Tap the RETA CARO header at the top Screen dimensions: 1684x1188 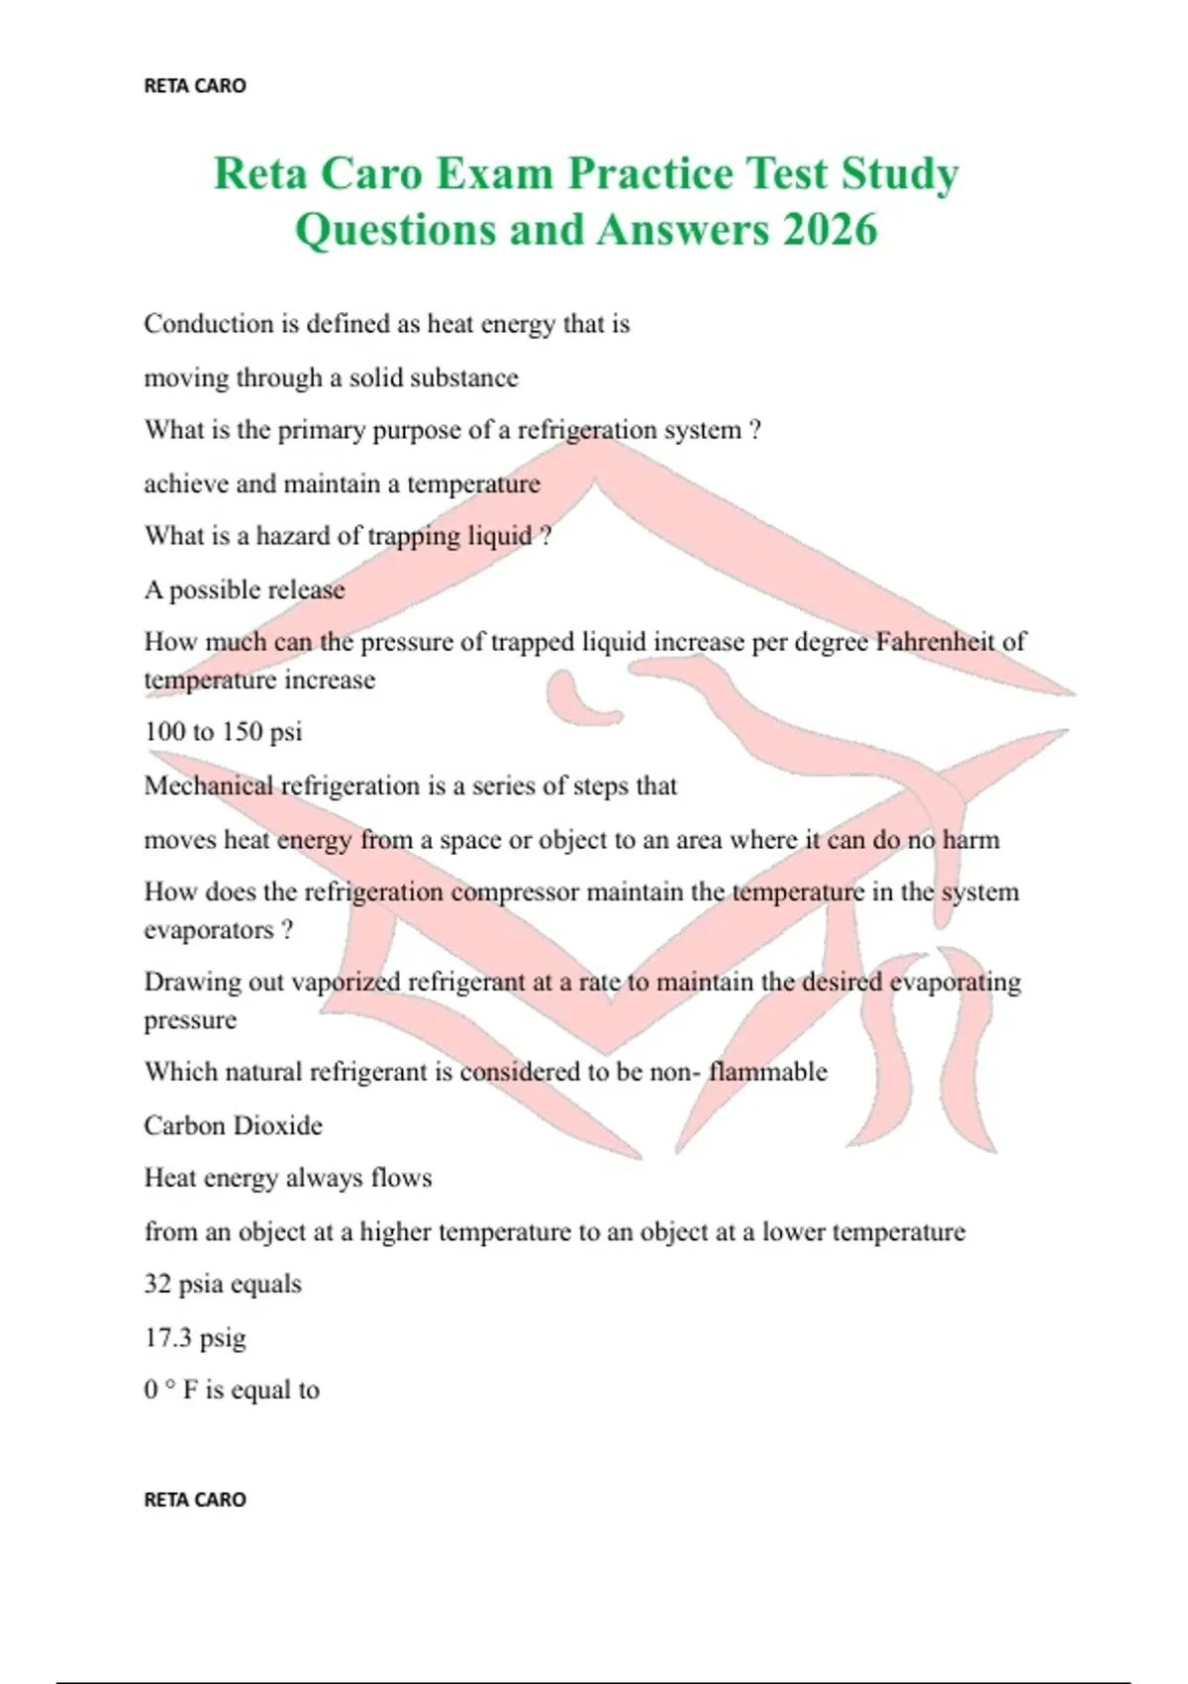pos(195,86)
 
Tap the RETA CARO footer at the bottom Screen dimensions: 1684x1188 pos(195,1500)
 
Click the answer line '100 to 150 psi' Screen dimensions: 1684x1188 pos(223,732)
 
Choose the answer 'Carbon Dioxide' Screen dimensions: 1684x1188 pos(233,1125)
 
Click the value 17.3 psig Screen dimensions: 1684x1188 pos(195,1338)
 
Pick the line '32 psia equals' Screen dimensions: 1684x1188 pos(223,1284)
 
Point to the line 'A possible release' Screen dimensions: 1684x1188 pos(245,590)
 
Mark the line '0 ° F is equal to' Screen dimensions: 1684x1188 pos(232,1390)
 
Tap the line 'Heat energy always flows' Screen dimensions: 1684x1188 pos(288,1178)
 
